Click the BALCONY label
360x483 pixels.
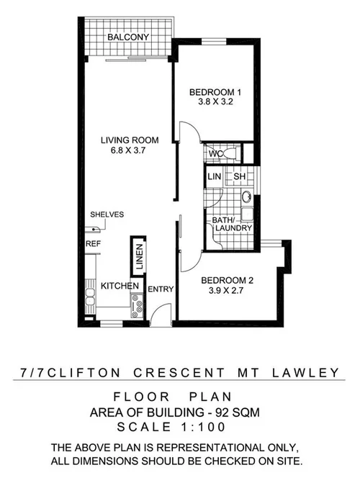tap(127, 37)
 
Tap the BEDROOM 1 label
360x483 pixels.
tap(215, 92)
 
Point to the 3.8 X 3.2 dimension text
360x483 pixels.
tap(215, 102)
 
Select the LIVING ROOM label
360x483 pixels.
tap(130, 140)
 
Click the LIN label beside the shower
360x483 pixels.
tap(213, 176)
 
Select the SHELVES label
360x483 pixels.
tap(107, 215)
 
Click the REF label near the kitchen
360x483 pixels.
tap(92, 244)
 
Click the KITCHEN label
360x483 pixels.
tap(120, 286)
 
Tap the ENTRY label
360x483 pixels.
tap(160, 289)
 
